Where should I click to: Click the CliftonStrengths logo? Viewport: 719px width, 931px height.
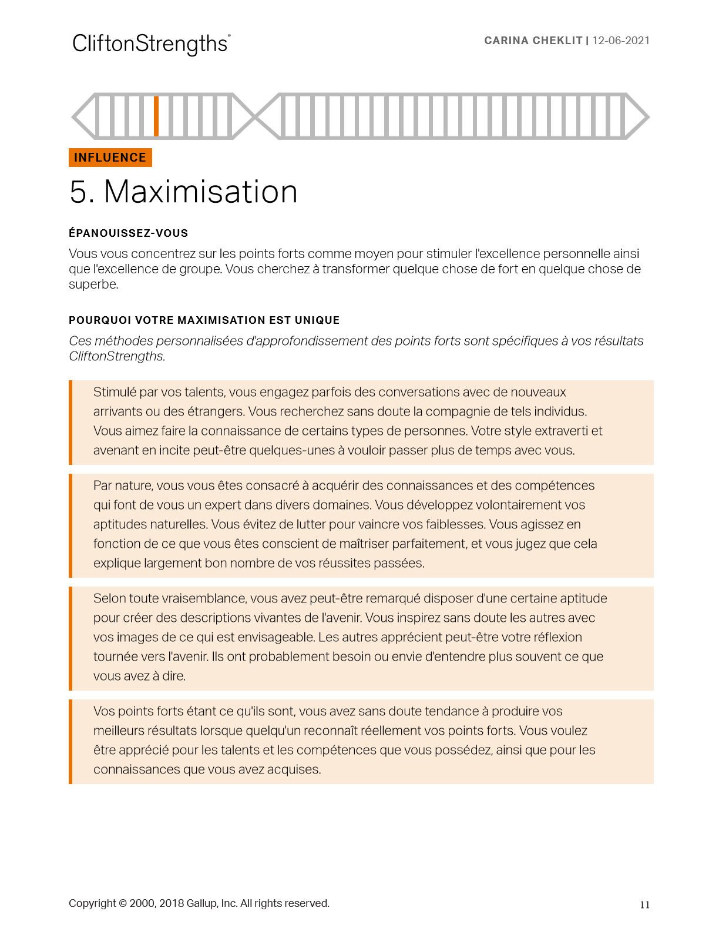[150, 44]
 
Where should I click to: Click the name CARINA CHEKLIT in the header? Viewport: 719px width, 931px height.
[533, 41]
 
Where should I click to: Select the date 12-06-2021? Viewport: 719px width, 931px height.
[621, 41]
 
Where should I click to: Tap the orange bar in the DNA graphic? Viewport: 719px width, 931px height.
[156, 116]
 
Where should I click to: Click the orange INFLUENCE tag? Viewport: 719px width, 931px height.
[110, 158]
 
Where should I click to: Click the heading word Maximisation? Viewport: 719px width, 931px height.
[200, 192]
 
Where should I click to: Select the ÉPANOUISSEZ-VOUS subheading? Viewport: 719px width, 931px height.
[128, 233]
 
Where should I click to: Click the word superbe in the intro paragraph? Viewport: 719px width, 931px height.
[93, 284]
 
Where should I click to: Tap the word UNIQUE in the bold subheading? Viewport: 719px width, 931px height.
[317, 320]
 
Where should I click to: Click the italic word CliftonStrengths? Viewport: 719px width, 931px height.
[116, 356]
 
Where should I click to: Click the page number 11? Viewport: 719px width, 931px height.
[644, 905]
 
